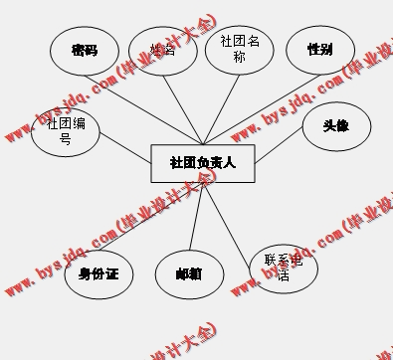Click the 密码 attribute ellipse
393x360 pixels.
pos(85,51)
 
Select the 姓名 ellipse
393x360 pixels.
pos(163,51)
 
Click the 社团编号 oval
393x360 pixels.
pos(66,131)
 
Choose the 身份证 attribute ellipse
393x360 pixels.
pos(98,272)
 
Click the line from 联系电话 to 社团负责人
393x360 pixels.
pos(231,220)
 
